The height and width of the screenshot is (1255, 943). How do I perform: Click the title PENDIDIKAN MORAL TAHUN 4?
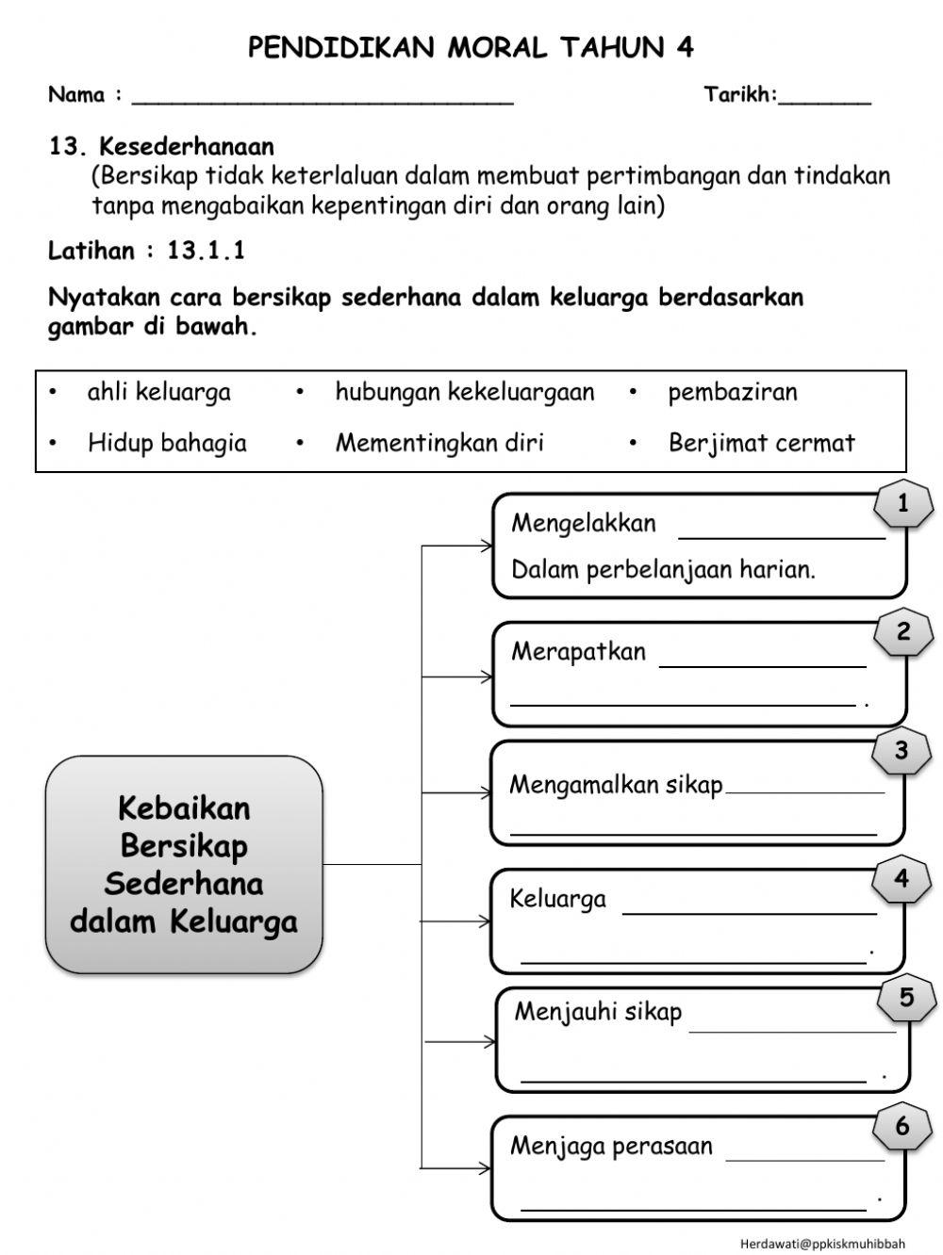coord(471,47)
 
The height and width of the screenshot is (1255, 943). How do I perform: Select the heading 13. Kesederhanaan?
coord(161,147)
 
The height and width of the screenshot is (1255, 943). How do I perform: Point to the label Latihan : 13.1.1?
coord(146,251)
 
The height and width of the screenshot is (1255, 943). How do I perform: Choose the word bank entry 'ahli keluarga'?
coord(158,392)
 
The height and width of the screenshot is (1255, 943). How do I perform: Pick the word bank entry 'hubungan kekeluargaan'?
coord(464,392)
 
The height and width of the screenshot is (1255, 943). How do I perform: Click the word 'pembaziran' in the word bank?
coord(732,392)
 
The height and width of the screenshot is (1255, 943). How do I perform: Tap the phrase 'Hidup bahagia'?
coord(167,443)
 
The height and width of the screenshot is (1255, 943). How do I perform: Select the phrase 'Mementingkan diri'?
coord(439,443)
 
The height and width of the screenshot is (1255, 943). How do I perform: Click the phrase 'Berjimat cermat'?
coord(761,443)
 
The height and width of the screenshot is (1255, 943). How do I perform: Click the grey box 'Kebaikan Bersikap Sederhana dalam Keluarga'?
coord(184,864)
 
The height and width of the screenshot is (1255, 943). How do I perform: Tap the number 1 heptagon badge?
coord(902,504)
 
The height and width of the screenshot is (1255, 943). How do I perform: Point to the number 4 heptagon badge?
coord(902,879)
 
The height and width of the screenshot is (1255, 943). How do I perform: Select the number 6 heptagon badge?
coord(902,1126)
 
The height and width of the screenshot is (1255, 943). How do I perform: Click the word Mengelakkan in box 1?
coord(583,524)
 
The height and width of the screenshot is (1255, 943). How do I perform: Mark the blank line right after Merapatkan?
coord(762,664)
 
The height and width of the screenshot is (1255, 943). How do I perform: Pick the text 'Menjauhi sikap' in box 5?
coord(598,1012)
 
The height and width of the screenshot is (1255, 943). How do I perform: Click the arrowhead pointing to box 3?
coord(486,793)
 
